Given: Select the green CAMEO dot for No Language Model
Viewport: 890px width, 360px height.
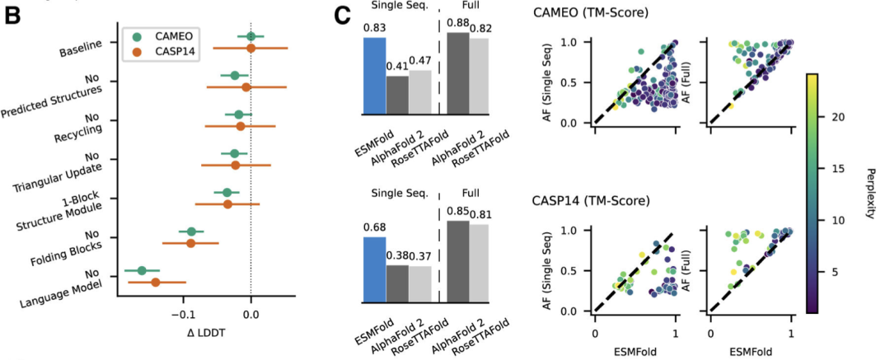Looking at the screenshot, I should pos(142,270).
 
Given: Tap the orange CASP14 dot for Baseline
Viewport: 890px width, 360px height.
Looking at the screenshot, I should pos(251,49).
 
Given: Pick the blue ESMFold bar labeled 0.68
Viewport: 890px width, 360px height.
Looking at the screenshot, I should pos(374,271).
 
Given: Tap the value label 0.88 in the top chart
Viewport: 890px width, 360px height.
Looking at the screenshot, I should pos(457,24).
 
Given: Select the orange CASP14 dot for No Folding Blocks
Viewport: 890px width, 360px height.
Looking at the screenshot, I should pos(190,243).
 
